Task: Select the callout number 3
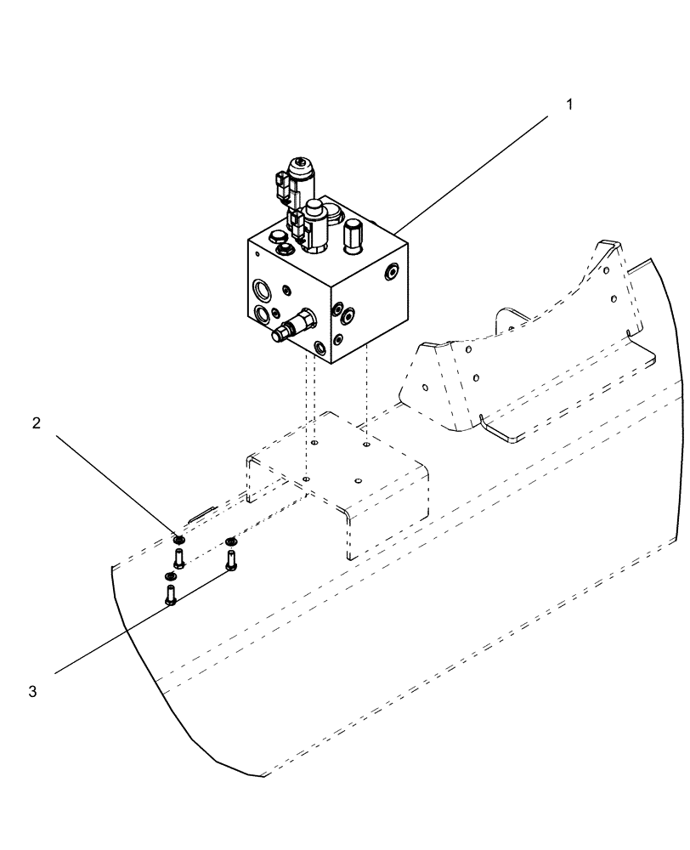tap(32, 691)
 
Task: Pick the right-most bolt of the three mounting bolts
tap(230, 559)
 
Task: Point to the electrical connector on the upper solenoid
tap(280, 182)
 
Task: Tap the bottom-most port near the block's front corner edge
tap(319, 348)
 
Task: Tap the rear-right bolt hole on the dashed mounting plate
tap(366, 444)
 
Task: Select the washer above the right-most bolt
tap(229, 540)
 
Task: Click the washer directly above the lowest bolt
tap(169, 576)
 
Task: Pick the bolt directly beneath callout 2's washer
tap(178, 558)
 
